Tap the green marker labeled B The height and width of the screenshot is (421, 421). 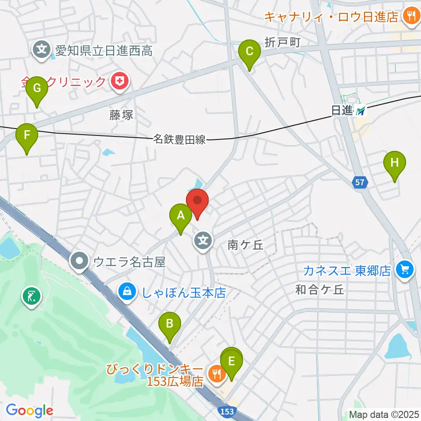point(169,325)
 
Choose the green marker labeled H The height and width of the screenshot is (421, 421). point(395,164)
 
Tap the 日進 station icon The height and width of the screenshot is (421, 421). point(361,111)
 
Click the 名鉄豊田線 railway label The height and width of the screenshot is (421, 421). point(179,140)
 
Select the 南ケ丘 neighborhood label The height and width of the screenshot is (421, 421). point(246,245)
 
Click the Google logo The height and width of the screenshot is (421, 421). point(30,410)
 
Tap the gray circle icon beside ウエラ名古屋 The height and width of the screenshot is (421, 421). point(80,262)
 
